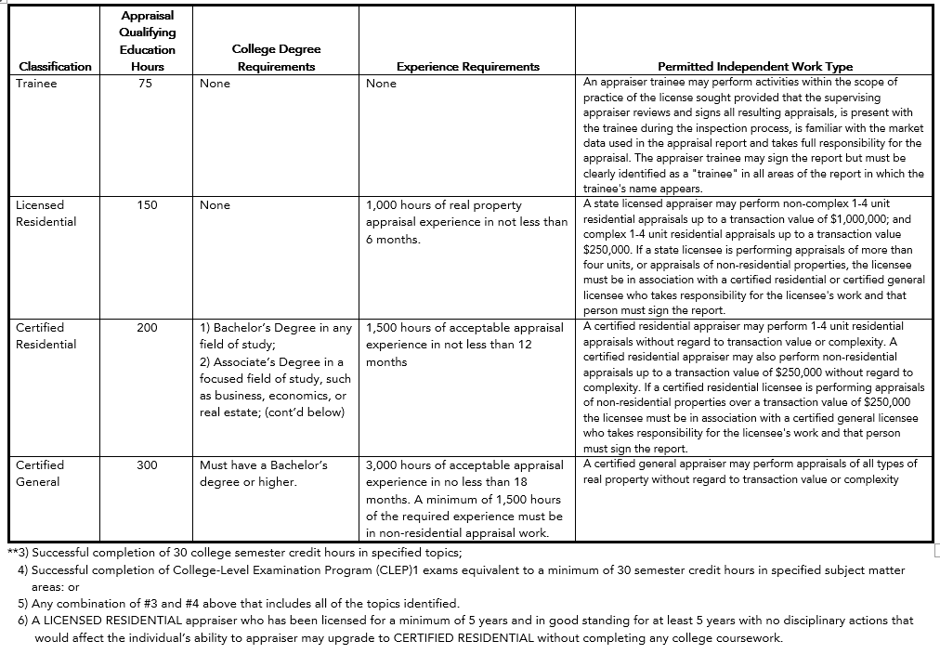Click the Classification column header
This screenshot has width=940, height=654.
tap(56, 66)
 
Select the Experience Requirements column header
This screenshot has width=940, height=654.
tap(467, 66)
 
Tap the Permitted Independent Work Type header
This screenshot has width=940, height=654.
tap(754, 66)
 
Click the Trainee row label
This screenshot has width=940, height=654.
tap(36, 84)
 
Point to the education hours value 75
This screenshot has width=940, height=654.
tap(147, 84)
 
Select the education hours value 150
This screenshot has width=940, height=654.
tap(147, 205)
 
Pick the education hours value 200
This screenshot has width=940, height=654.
tap(147, 328)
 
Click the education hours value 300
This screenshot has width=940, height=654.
tap(147, 464)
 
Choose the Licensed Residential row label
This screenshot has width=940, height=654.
tap(46, 214)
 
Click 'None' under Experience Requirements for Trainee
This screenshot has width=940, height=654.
tap(381, 84)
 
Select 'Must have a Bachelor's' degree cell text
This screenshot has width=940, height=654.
tap(264, 464)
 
